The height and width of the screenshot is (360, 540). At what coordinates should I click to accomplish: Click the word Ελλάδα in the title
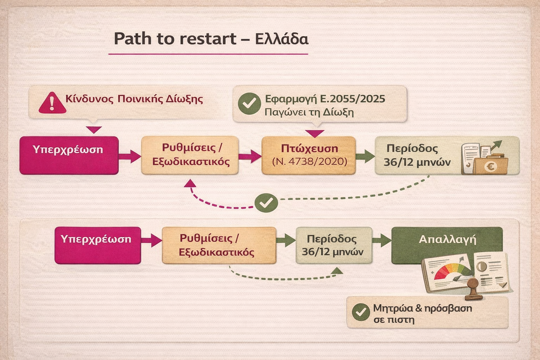tap(282, 39)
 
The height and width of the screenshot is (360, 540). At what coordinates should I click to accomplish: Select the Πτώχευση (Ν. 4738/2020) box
tap(309, 155)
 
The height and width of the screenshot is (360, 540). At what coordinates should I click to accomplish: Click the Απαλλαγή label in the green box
tap(447, 240)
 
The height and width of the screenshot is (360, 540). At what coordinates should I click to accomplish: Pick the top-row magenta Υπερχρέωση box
tap(69, 155)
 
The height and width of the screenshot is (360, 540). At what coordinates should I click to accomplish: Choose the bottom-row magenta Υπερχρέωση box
tap(98, 245)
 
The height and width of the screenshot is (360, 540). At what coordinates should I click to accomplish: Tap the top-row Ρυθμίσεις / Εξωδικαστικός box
tap(190, 155)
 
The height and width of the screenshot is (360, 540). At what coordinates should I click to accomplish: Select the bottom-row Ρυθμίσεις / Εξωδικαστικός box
tap(219, 245)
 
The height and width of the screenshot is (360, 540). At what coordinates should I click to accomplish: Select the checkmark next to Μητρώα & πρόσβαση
tap(361, 312)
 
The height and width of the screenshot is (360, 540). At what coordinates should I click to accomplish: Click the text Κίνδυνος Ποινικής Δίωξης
tap(134, 99)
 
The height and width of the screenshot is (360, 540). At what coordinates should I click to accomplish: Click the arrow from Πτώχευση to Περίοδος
tap(365, 156)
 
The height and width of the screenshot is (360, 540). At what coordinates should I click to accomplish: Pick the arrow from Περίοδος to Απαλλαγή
tap(381, 240)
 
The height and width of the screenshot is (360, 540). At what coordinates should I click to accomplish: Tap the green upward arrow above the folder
tap(496, 145)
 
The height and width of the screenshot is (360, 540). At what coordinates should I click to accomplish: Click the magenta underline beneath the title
tap(208, 54)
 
